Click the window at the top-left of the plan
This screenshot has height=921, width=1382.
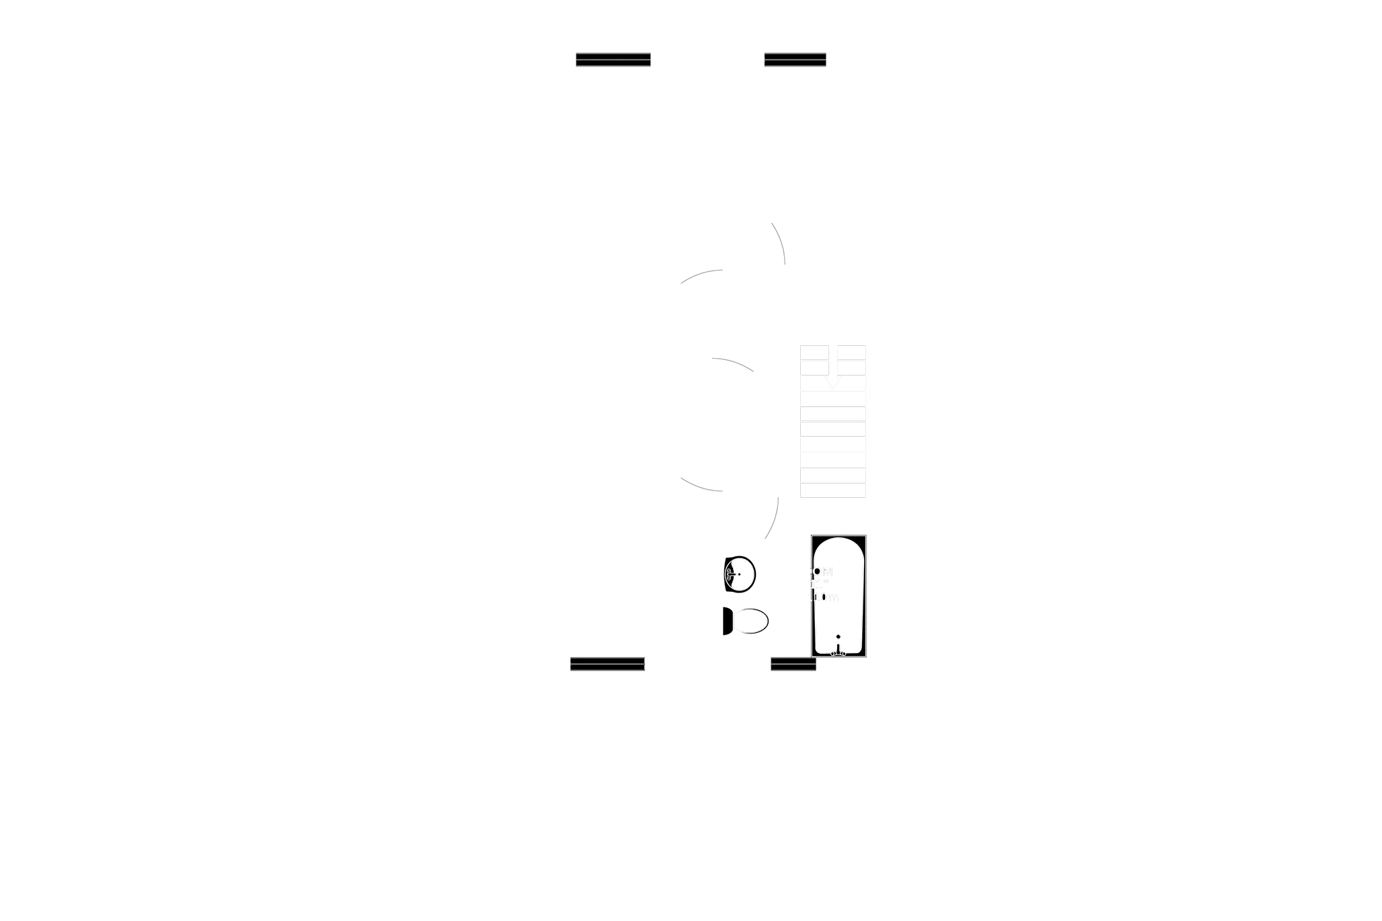[613, 59]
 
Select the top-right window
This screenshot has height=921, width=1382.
[795, 59]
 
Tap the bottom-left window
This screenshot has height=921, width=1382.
[607, 664]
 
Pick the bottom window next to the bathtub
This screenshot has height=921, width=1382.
[793, 664]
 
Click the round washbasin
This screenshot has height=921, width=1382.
[740, 574]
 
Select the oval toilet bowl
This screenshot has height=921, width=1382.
[750, 621]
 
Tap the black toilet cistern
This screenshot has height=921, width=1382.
[728, 621]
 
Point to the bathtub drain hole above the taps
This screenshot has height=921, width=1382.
[837, 637]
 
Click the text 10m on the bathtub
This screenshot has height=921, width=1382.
[826, 597]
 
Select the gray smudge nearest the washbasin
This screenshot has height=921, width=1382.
[772, 519]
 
